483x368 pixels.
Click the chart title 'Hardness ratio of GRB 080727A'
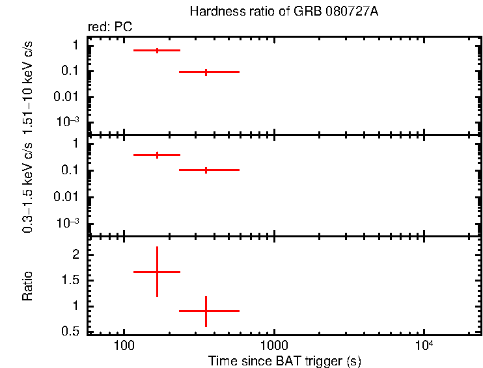[x=283, y=12]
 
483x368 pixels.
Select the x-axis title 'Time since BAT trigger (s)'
[x=284, y=360]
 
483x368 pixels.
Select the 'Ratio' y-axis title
[x=28, y=286]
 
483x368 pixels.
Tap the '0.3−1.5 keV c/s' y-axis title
[x=28, y=185]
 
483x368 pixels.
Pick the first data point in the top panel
[x=157, y=50]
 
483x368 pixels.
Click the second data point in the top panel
[x=206, y=72]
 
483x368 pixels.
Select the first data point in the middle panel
[x=157, y=155]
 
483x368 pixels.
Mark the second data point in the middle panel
[x=206, y=170]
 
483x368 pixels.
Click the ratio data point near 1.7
[x=157, y=272]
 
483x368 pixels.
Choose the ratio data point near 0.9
[x=206, y=311]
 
